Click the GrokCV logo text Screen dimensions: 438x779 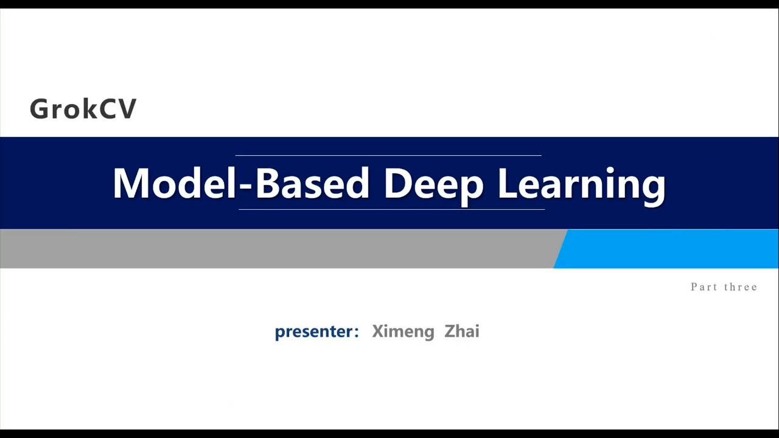pyautogui.click(x=83, y=109)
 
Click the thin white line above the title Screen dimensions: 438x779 pyautogui.click(x=388, y=156)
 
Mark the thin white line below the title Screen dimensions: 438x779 pyautogui.click(x=391, y=209)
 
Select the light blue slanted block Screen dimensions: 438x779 pyautogui.click(x=669, y=249)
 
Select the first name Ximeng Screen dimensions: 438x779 pyautogui.click(x=403, y=332)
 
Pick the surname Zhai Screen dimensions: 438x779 pyautogui.click(x=462, y=332)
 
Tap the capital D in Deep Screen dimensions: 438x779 pyautogui.click(x=398, y=183)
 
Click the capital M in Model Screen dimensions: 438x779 pyautogui.click(x=130, y=183)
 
